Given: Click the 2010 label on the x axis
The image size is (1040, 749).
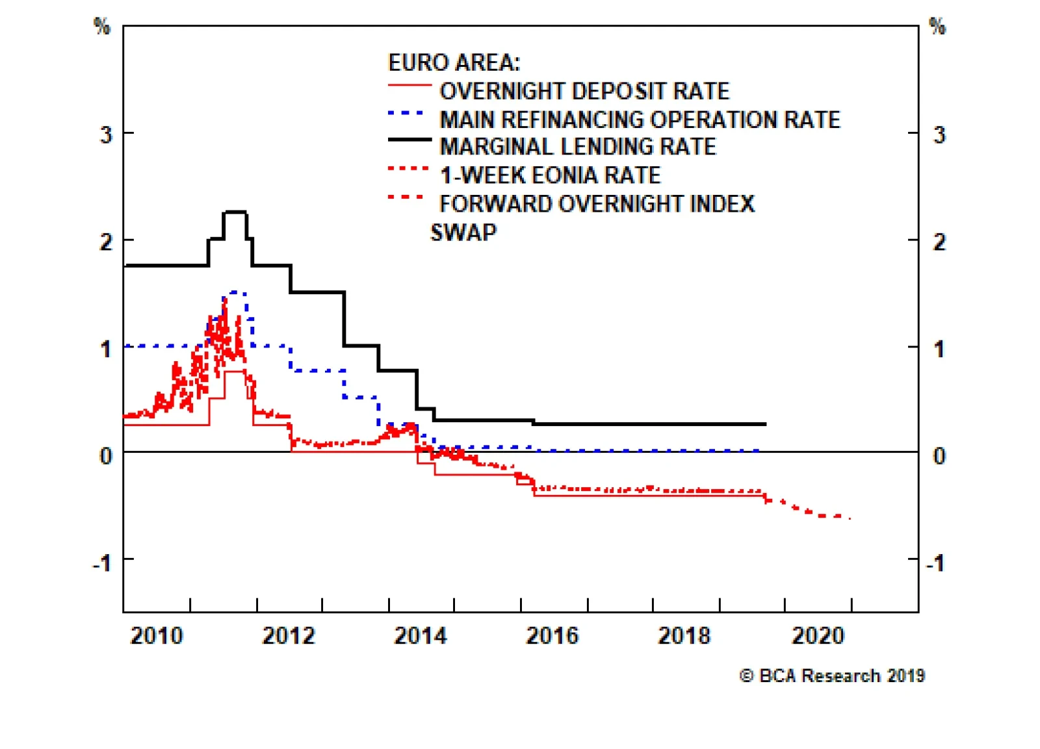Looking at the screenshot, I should (x=157, y=635).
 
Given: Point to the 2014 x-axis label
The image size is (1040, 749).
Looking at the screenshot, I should (x=420, y=635).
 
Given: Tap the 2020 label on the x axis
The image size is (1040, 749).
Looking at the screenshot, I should (x=818, y=635).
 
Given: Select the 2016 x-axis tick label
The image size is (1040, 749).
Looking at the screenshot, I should (x=552, y=635).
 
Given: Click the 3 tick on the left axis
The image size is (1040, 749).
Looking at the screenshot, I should (x=105, y=135).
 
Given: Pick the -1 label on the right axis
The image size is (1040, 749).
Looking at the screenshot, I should (x=935, y=563).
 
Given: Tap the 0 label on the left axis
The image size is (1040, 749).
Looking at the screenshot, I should (x=105, y=456).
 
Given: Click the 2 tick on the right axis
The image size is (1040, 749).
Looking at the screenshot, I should (x=939, y=242).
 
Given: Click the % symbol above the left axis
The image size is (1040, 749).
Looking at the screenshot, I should (x=102, y=27).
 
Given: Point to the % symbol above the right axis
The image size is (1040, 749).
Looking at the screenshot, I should (x=937, y=27).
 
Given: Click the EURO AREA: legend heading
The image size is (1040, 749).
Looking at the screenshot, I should (x=454, y=63).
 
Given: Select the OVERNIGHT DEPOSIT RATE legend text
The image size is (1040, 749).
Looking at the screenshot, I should (x=584, y=92).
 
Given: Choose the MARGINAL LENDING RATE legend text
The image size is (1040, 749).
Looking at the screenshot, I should (x=578, y=147).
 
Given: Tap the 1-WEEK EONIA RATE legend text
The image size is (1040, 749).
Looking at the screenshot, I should (x=550, y=175).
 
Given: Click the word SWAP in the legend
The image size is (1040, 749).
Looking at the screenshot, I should (x=463, y=233).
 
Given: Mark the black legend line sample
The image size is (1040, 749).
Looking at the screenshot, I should (x=409, y=140).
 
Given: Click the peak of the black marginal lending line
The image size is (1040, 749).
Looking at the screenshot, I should (x=234, y=212).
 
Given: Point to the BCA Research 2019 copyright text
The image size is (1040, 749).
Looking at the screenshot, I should (x=832, y=676).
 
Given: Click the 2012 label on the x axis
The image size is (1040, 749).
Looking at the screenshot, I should (x=288, y=635).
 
